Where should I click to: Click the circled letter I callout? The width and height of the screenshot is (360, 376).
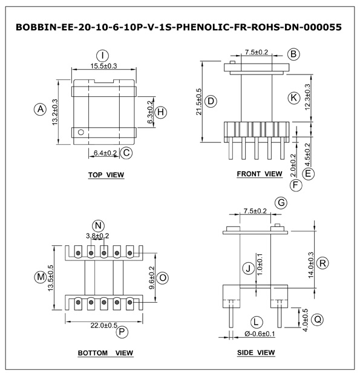(102, 56)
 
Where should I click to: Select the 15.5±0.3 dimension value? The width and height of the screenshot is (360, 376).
(103, 66)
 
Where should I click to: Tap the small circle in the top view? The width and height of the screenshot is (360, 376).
(80, 132)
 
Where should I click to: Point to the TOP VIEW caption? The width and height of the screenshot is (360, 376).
(106, 175)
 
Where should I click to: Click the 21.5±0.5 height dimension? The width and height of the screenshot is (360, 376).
(199, 102)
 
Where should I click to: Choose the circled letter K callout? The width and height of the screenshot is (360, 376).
(293, 98)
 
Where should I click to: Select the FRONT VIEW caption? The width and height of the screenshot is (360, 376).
(260, 174)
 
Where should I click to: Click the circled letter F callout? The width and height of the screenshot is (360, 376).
(296, 185)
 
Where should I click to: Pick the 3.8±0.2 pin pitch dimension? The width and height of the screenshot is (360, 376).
(97, 236)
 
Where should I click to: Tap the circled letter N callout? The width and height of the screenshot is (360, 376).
(98, 226)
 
